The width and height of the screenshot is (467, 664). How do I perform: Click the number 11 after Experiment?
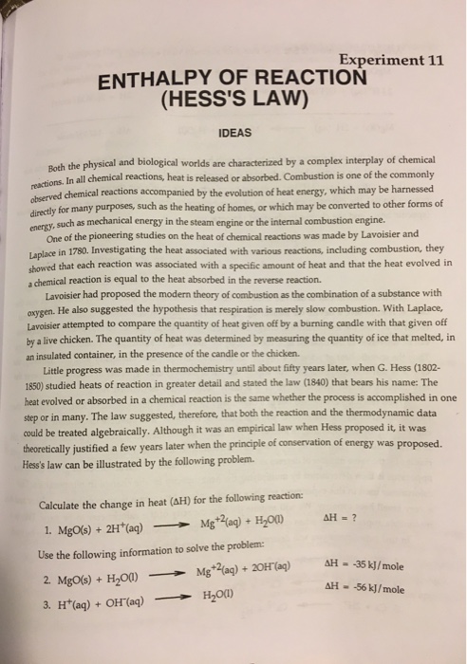[x=434, y=58]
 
